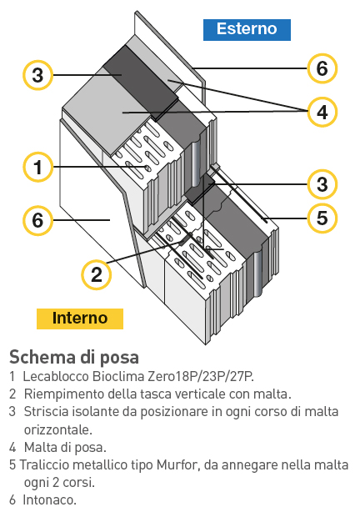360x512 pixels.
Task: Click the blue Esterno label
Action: [247, 30]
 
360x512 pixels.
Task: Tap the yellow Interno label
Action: [80, 319]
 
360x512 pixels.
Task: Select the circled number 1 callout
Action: [37, 167]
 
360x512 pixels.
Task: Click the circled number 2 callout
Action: [97, 274]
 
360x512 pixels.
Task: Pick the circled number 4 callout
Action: [322, 112]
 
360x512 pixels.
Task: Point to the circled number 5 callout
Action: [322, 218]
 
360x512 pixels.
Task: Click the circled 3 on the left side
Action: [37, 75]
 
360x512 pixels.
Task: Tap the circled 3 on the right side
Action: [322, 184]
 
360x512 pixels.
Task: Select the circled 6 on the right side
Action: [322, 68]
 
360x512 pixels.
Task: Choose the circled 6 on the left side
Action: [37, 220]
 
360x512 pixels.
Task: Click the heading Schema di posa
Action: [74, 357]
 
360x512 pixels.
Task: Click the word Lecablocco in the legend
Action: [56, 376]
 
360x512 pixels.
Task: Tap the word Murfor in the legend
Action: [177, 464]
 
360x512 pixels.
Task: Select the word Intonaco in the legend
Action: [50, 499]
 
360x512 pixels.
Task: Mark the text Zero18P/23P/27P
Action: [201, 377]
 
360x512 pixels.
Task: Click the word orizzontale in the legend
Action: [58, 429]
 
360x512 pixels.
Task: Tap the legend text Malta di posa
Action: [65, 447]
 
